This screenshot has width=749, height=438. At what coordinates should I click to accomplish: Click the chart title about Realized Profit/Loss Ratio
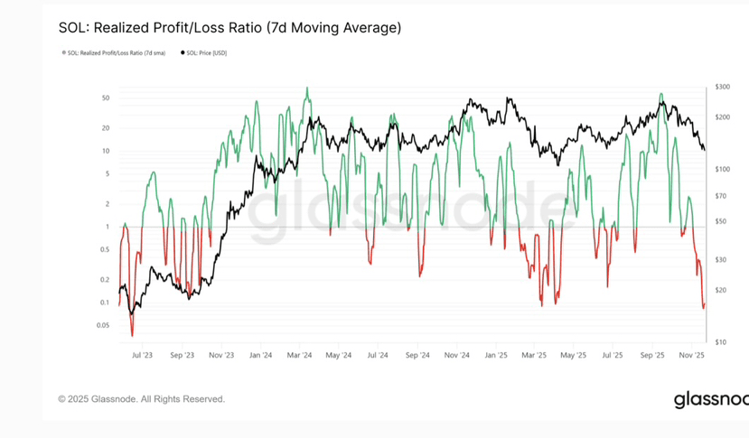[x=229, y=28]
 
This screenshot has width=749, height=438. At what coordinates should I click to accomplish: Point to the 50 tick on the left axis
[x=106, y=98]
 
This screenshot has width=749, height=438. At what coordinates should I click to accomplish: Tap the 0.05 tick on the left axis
[x=103, y=324]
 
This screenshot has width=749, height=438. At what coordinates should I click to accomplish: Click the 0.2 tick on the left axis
[x=106, y=279]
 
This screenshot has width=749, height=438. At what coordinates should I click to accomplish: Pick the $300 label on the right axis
[x=722, y=87]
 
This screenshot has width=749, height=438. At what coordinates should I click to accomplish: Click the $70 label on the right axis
[x=720, y=196]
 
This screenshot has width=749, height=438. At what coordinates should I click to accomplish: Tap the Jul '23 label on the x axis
[x=142, y=356]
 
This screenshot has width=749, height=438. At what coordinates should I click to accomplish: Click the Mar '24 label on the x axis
[x=299, y=356]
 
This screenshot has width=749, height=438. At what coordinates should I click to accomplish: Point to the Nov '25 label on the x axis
[x=693, y=356]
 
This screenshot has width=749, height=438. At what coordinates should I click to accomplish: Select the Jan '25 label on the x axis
[x=496, y=356]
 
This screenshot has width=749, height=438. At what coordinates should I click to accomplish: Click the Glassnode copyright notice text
[x=142, y=398]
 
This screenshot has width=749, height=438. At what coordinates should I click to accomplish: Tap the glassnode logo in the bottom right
[x=710, y=400]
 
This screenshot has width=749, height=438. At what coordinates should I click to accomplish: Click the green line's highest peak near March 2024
[x=307, y=88]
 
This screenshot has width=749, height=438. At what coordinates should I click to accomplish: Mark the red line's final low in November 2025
[x=703, y=307]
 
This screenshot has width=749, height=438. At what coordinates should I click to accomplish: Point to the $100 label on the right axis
[x=722, y=170]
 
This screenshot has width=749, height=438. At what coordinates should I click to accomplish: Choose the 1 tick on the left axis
[x=108, y=227]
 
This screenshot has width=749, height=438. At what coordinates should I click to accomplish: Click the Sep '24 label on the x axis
[x=417, y=356]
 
